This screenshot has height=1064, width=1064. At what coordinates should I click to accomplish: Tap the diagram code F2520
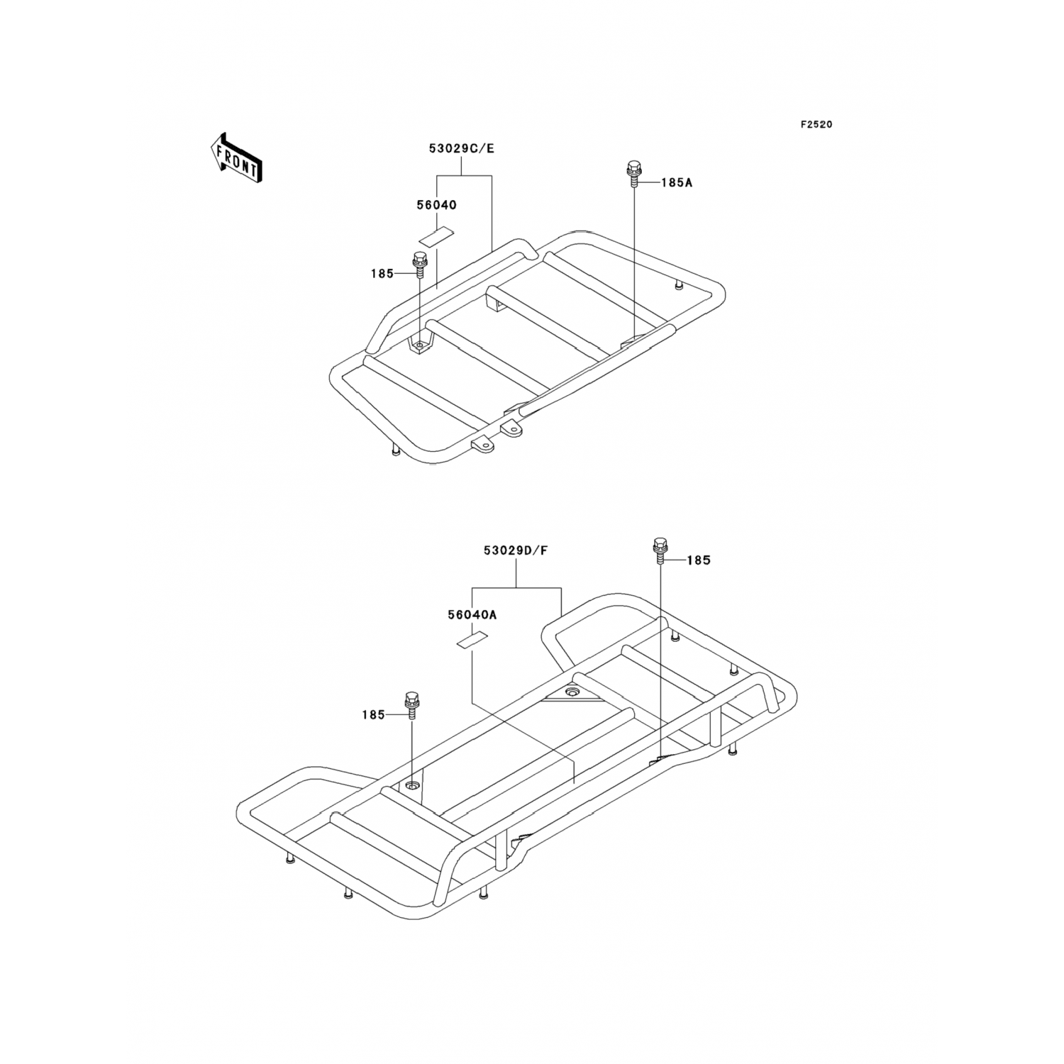pos(816,124)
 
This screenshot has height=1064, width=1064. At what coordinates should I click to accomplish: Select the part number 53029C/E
pos(461,149)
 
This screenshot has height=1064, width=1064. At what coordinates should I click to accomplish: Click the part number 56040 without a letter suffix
pos(436,205)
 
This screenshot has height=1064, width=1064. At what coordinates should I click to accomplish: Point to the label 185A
pos(676,182)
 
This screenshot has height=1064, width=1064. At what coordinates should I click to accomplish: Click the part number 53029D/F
pos(516,550)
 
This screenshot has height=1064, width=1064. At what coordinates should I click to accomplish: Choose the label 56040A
pos(472,615)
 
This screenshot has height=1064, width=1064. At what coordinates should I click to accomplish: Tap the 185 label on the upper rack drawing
pos(382,274)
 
